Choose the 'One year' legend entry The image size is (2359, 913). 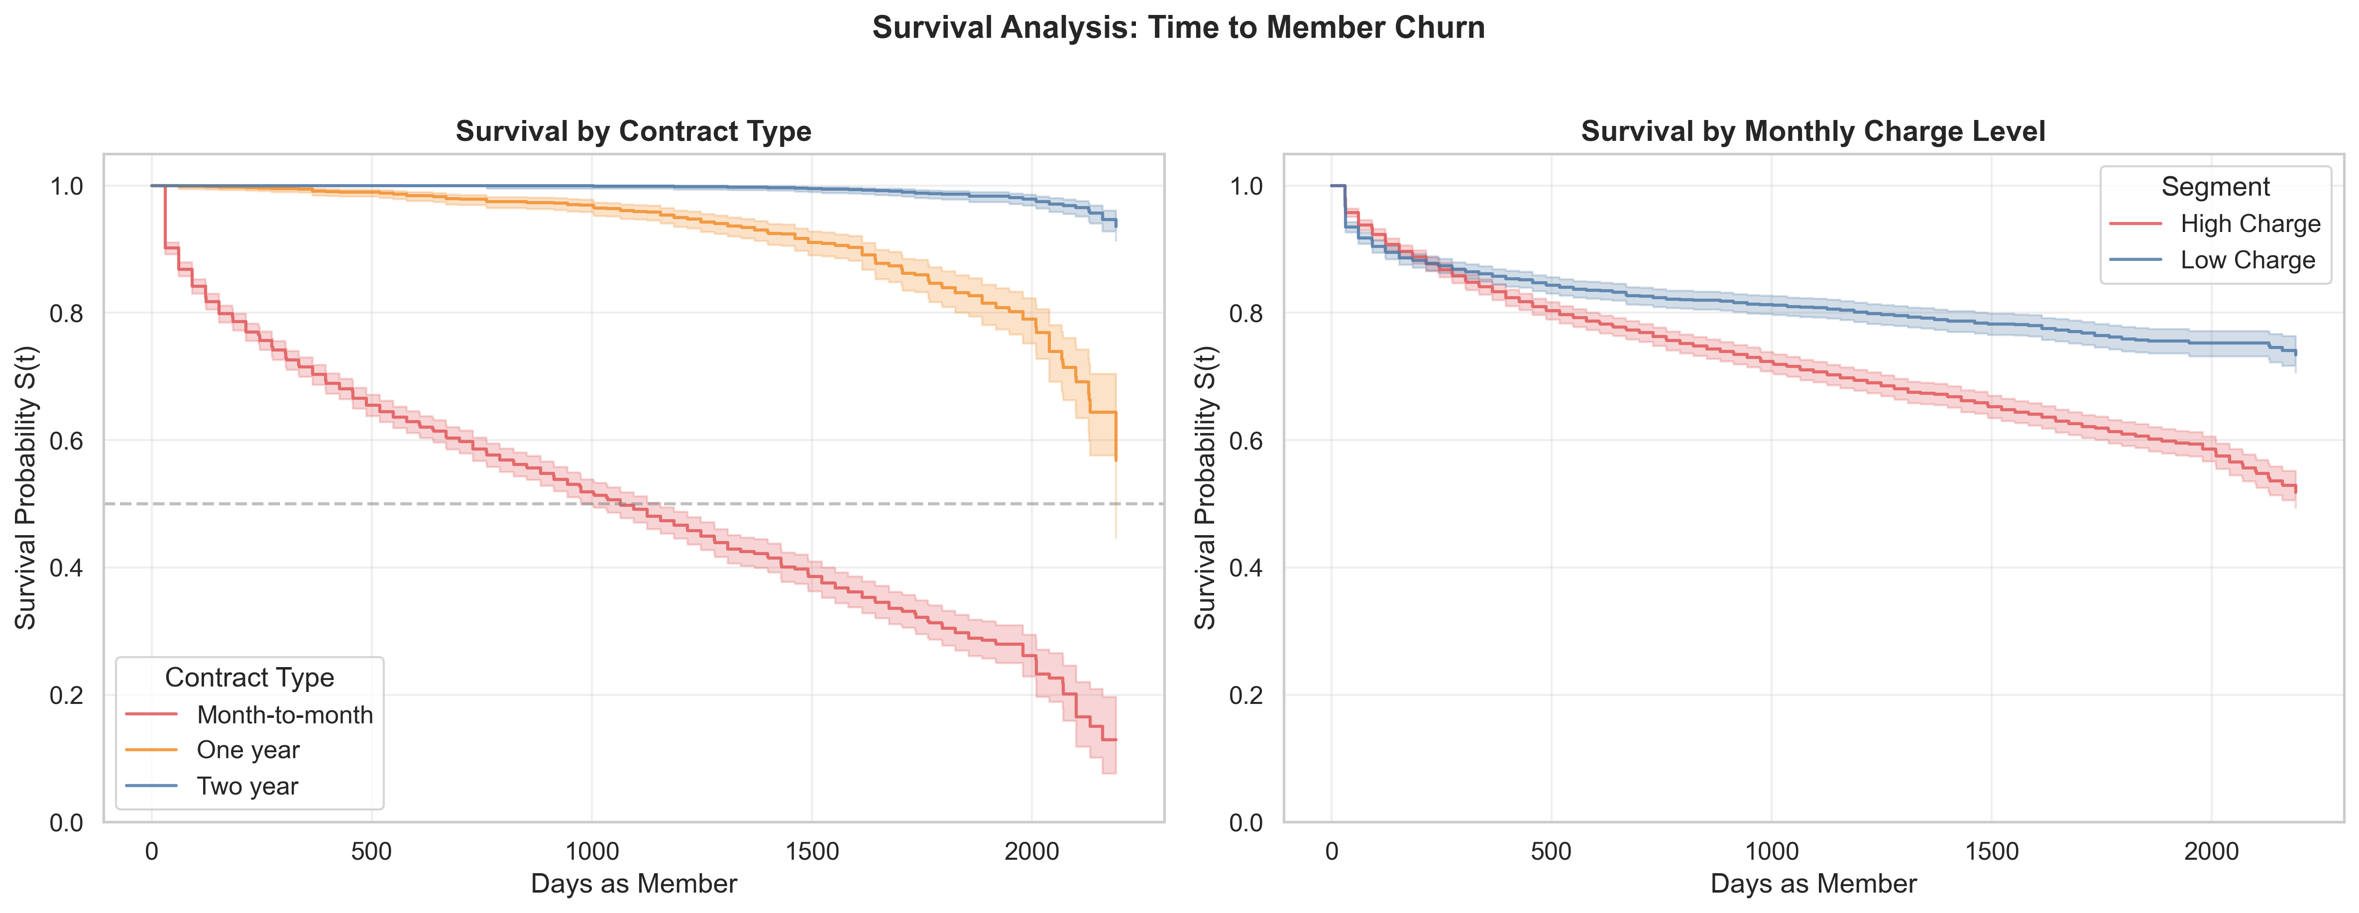coord(247,750)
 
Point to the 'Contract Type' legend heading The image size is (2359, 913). coord(249,678)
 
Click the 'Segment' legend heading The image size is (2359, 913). coord(2215,187)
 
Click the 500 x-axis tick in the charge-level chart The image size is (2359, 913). coord(1551,852)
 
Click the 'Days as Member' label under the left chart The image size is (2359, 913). coord(634,884)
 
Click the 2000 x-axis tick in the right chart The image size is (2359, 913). coord(2212,852)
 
